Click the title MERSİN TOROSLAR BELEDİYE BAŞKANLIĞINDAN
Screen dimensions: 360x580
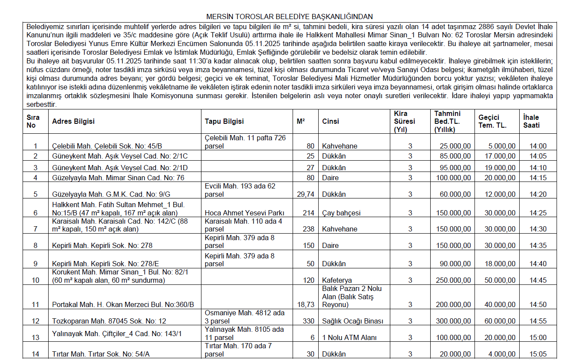click(x=289, y=17)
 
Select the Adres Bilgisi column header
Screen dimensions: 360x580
click(x=73, y=122)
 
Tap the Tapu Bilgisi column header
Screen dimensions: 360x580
click(x=224, y=122)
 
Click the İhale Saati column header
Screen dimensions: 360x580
click(x=531, y=121)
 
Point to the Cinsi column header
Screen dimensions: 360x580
click(x=330, y=122)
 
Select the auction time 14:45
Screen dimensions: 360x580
click(x=538, y=281)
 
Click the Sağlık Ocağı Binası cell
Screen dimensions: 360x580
click(x=353, y=321)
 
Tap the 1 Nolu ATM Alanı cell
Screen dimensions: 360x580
click(x=349, y=337)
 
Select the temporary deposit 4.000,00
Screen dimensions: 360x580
click(x=501, y=354)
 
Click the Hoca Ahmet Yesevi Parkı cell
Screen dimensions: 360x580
click(x=244, y=213)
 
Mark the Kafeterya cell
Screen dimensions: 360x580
click(x=337, y=281)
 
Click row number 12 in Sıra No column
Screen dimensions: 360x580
click(x=35, y=321)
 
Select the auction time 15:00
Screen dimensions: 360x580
click(x=538, y=337)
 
